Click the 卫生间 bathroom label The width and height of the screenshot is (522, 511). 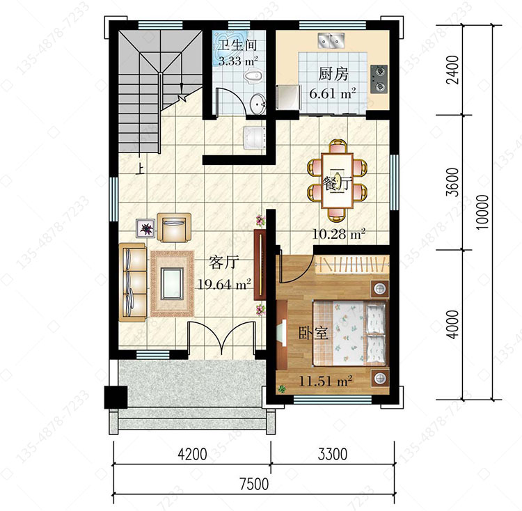tap(237, 46)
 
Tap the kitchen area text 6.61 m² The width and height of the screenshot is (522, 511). tap(333, 93)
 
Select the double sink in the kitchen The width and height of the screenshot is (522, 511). tap(331, 40)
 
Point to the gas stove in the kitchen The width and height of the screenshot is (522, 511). tap(379, 79)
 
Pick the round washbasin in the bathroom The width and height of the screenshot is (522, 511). tap(258, 104)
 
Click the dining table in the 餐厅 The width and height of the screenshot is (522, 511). tap(338, 180)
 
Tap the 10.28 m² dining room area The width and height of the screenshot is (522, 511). tap(339, 234)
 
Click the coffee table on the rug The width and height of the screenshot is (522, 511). tap(172, 283)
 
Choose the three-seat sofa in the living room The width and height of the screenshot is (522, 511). tap(133, 283)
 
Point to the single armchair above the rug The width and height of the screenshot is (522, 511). tap(174, 228)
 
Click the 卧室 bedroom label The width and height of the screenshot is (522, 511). tap(313, 333)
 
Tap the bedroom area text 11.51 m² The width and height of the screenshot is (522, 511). tap(326, 381)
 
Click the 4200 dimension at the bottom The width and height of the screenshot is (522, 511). tap(192, 454)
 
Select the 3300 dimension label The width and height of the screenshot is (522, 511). tap(333, 454)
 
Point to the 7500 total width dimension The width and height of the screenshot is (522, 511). tap(254, 484)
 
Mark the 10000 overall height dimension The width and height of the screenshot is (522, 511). tap(482, 212)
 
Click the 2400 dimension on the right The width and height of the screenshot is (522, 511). tap(453, 70)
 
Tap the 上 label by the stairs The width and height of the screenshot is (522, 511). tap(140, 170)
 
